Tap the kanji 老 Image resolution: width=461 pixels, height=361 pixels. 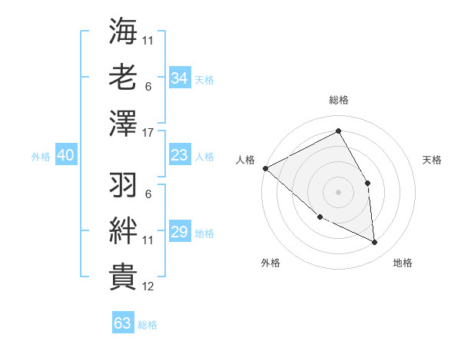pos(123,78)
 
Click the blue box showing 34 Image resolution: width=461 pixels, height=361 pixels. pos(179,78)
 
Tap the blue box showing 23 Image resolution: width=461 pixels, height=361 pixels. pos(179,155)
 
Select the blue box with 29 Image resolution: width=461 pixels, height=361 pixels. pos(179,232)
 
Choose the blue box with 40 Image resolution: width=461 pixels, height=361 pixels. pos(65,155)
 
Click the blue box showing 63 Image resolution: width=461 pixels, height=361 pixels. pos(123,323)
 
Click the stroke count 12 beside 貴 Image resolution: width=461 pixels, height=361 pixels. pos(149,286)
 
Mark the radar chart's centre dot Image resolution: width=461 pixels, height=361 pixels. pos(338,191)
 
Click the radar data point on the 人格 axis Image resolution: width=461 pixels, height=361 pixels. pos(265,168)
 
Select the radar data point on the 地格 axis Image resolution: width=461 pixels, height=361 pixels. pos(375,242)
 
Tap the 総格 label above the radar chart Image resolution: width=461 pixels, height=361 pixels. pos(338,100)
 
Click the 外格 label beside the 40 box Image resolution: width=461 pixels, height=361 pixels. pos(41,156)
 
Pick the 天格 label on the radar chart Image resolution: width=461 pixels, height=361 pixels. pos(433,160)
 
